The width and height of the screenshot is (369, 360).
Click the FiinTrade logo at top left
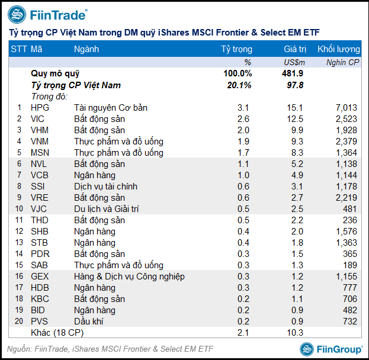click(x=47, y=14)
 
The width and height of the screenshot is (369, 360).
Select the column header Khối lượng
click(x=338, y=49)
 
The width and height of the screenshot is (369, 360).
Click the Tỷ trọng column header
click(x=236, y=49)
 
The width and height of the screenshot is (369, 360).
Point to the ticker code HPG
click(x=40, y=108)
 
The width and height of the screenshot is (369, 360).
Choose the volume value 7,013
click(x=346, y=108)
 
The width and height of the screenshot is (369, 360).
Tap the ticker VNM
click(x=41, y=142)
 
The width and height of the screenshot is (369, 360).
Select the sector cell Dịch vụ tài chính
click(x=105, y=187)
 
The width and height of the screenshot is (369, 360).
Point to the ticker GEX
click(x=40, y=277)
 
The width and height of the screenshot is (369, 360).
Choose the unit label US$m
click(x=294, y=62)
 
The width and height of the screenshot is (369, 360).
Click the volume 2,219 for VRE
click(x=346, y=198)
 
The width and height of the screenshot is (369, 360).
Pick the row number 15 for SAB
click(x=19, y=265)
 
